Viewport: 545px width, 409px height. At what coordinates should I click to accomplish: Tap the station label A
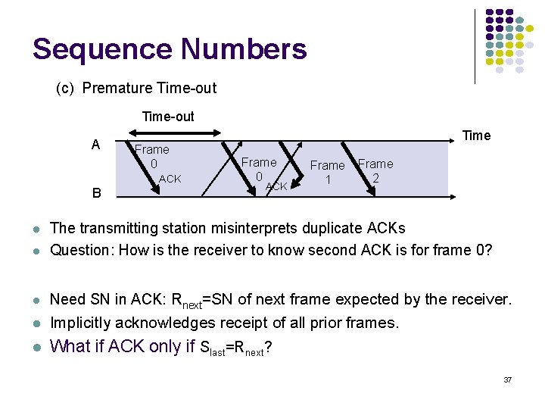[95, 145]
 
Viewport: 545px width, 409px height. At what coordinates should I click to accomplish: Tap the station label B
[96, 193]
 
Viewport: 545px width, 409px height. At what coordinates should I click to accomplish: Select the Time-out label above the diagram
[168, 117]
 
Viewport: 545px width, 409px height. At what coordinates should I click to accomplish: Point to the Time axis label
[476, 136]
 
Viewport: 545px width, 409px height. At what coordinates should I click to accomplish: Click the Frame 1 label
[328, 172]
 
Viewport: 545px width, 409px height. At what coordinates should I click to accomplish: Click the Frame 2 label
[375, 170]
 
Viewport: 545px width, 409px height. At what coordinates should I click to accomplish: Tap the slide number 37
[507, 379]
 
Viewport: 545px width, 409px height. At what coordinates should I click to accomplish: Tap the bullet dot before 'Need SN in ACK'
[36, 301]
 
